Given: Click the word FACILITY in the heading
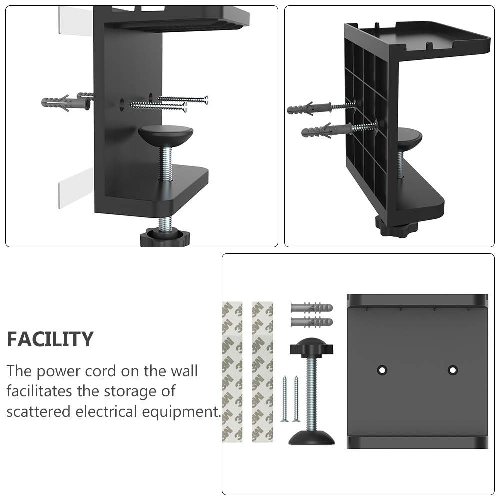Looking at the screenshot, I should tap(50, 339).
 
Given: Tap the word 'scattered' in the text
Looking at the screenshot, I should tap(39, 412).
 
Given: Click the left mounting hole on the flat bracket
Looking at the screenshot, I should tap(382, 370).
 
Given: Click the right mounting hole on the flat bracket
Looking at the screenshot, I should tap(453, 370).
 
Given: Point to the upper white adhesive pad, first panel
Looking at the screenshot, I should tap(75, 21).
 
